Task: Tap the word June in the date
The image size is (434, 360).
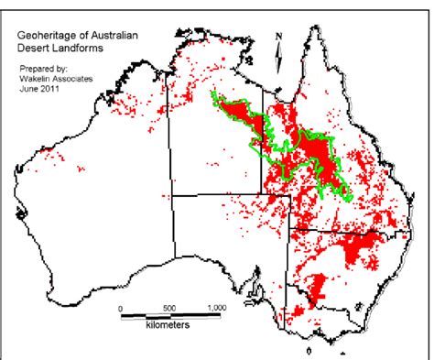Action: coord(29,89)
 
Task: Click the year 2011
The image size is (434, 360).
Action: coord(53,89)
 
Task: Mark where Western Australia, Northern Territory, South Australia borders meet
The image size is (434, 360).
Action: coord(172,194)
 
